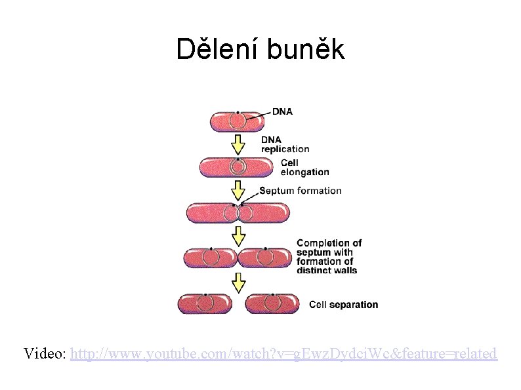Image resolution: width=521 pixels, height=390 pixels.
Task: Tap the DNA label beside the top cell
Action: pyautogui.click(x=283, y=111)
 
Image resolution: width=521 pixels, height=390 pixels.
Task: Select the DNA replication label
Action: pyautogui.click(x=285, y=144)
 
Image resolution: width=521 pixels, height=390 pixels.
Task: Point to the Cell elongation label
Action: pyautogui.click(x=304, y=167)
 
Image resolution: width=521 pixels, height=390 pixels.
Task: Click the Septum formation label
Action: pyautogui.click(x=301, y=191)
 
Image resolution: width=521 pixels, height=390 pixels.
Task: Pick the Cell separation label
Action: pyautogui.click(x=343, y=305)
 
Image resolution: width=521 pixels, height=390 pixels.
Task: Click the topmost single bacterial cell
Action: pyautogui.click(x=237, y=121)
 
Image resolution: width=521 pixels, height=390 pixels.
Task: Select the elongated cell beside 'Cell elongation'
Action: pyautogui.click(x=237, y=167)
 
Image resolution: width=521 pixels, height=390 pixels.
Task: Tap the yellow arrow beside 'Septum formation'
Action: pyautogui.click(x=238, y=191)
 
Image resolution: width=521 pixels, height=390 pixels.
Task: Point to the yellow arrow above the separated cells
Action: pyautogui.click(x=239, y=282)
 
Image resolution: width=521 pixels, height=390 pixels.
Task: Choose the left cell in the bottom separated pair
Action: pyautogui.click(x=205, y=304)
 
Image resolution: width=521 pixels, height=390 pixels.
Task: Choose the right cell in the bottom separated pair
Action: pyautogui.click(x=272, y=304)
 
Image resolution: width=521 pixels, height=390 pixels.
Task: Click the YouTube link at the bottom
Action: pyautogui.click(x=283, y=354)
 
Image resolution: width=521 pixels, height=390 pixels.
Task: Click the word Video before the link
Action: pyautogui.click(x=44, y=354)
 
